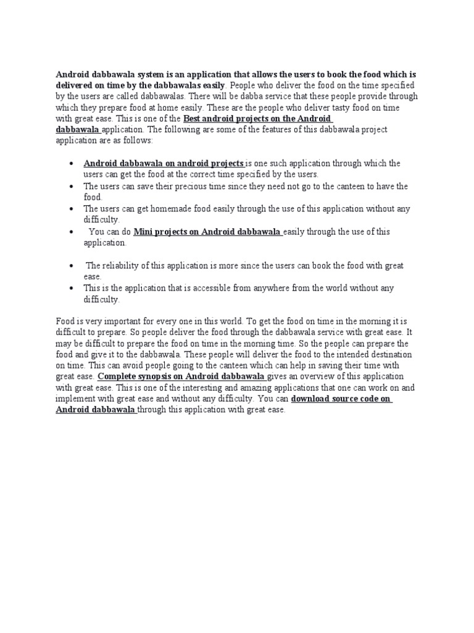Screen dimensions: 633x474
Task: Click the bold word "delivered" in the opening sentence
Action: click(76, 85)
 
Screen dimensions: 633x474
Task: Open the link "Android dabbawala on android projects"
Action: click(164, 164)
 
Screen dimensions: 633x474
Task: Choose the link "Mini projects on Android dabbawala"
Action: click(207, 232)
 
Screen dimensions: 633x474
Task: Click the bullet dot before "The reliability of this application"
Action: click(72, 266)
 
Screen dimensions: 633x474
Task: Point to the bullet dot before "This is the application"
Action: click(72, 288)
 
